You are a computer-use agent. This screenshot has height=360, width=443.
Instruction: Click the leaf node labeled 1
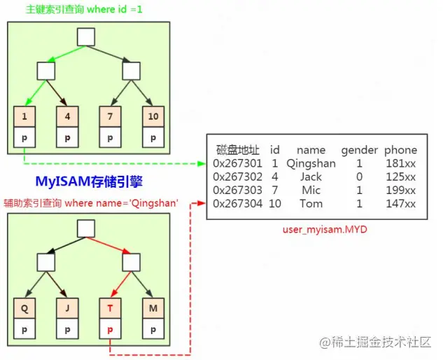(x=25, y=117)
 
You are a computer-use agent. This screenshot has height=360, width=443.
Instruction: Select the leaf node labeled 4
(x=68, y=117)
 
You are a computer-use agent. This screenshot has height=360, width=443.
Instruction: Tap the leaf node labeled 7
(x=111, y=117)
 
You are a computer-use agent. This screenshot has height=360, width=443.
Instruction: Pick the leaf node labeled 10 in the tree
(x=153, y=117)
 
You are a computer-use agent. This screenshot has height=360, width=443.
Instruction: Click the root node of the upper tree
(x=86, y=37)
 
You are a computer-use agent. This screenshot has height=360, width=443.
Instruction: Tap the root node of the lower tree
(x=86, y=228)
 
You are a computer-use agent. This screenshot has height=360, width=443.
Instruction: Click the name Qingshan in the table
(x=311, y=163)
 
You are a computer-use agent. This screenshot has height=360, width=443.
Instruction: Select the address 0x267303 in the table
(x=238, y=190)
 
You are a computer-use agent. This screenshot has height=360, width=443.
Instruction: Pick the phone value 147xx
(x=400, y=203)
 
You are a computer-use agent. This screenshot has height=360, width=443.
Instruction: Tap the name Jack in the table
(x=311, y=176)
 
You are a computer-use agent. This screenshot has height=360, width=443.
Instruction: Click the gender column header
(x=359, y=150)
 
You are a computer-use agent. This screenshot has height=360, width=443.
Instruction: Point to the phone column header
(x=400, y=150)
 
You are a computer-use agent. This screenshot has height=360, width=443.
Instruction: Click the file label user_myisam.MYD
(x=325, y=229)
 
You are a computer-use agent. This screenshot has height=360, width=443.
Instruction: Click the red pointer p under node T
(x=111, y=328)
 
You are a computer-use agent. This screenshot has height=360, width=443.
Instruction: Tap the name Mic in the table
(x=311, y=190)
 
